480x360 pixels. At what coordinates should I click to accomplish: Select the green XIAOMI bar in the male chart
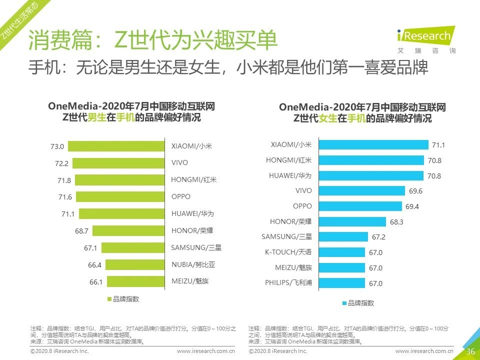(116, 146)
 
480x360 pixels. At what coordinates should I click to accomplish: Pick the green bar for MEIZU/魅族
(135, 281)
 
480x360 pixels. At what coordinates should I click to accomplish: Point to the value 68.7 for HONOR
(81, 230)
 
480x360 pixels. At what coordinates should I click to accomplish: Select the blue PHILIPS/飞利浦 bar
(341, 283)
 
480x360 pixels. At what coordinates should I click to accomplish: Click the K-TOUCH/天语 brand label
(288, 252)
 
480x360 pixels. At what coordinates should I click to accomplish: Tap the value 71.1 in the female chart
(438, 145)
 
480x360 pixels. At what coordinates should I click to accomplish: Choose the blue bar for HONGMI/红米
(373, 160)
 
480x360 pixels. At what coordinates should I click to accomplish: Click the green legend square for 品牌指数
(109, 299)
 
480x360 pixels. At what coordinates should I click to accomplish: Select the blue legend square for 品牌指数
(344, 303)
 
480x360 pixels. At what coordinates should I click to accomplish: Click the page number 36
(470, 351)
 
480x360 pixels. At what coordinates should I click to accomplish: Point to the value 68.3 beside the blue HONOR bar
(396, 221)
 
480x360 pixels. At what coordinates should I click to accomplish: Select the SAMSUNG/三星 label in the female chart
(286, 236)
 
